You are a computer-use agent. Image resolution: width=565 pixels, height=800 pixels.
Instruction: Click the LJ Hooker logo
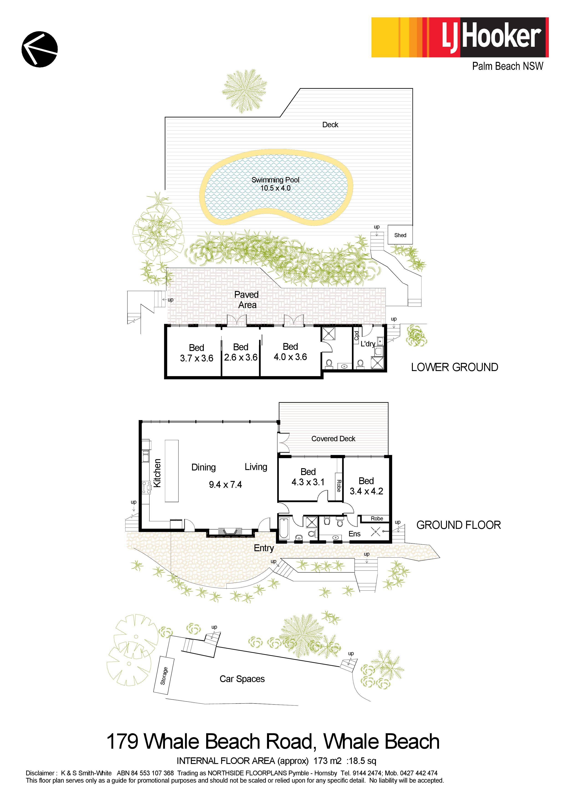coord(460,37)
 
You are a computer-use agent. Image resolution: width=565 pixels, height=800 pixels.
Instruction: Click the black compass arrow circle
coord(40,49)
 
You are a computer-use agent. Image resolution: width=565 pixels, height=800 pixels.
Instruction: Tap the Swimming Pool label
coord(275,180)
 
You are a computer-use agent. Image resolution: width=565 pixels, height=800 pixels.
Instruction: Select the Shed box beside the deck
coord(400,235)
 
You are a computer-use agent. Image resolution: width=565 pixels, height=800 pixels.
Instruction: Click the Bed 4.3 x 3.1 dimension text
coord(308,482)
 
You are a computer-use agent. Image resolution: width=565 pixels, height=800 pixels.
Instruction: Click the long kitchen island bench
coord(172,471)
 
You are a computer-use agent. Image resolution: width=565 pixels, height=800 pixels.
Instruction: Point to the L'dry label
coord(368,344)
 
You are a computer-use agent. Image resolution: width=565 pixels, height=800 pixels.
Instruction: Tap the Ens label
coord(354,534)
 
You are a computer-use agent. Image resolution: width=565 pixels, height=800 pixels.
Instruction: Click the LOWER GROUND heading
coord(455,367)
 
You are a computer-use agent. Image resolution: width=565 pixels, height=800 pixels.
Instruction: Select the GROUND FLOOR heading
coord(458,525)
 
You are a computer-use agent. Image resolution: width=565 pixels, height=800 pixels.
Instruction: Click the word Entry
coord(264,548)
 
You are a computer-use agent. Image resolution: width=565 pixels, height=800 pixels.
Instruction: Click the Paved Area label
coord(247,300)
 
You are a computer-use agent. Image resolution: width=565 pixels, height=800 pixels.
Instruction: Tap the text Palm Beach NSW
coord(508,66)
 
